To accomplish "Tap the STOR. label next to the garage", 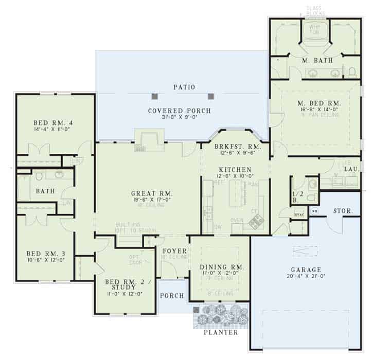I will click(x=342, y=210).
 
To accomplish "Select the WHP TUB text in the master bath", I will click(x=314, y=31).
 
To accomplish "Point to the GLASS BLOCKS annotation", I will click(x=314, y=11).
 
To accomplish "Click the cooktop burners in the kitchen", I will click(x=256, y=221).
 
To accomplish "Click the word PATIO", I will click(x=184, y=87).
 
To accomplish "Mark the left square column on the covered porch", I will click(x=154, y=96).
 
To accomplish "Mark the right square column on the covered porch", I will click(x=210, y=96).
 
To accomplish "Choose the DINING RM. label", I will click(x=221, y=267).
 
